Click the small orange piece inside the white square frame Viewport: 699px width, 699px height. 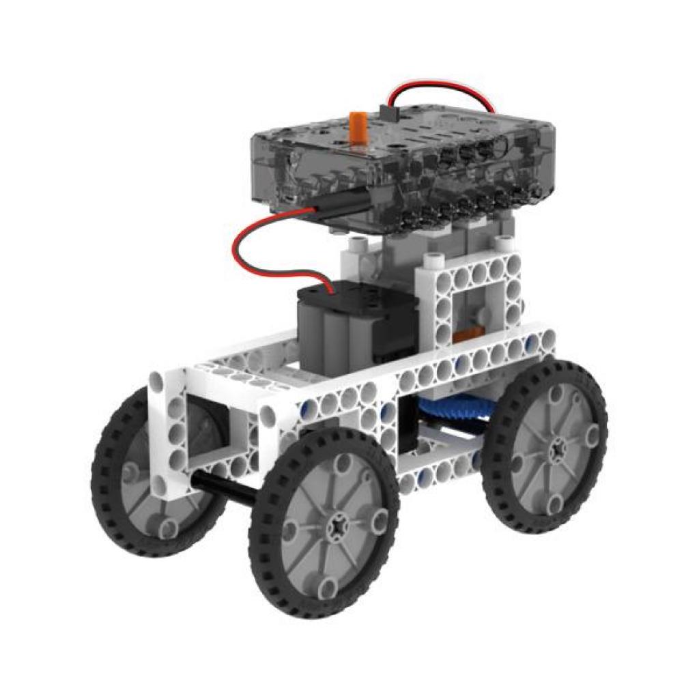click(x=466, y=334)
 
